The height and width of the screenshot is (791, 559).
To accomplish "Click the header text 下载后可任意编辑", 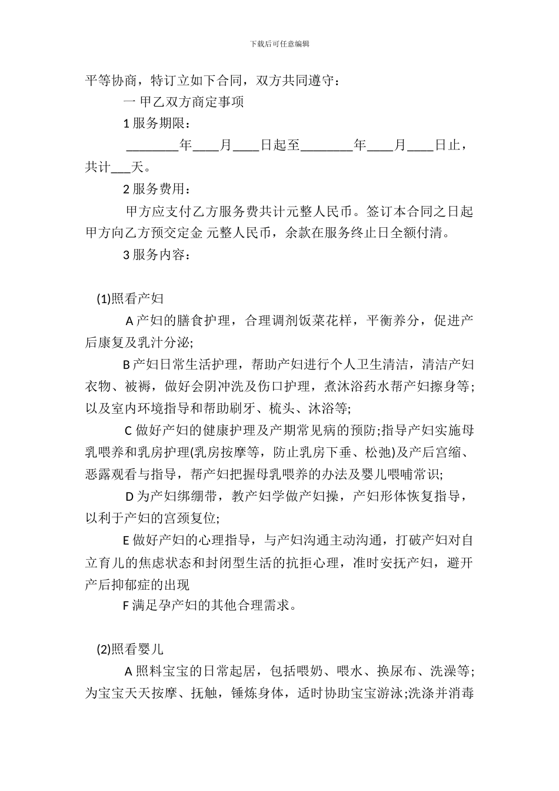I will pyautogui.click(x=279, y=44).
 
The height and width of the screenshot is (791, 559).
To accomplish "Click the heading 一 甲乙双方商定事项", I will pyautogui.click(x=184, y=101).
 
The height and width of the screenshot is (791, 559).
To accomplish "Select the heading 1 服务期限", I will pyautogui.click(x=157, y=123).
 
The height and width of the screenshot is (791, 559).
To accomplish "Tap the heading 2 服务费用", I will pyautogui.click(x=157, y=189).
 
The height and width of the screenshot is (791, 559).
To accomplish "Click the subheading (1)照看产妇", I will pyautogui.click(x=130, y=299).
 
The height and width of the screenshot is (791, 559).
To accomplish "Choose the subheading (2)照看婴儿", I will pyautogui.click(x=130, y=649).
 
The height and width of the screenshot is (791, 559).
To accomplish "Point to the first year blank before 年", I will pyautogui.click(x=152, y=145).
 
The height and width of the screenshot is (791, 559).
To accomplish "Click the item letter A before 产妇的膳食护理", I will pyautogui.click(x=130, y=321).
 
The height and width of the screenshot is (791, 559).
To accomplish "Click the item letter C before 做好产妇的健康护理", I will pyautogui.click(x=129, y=431).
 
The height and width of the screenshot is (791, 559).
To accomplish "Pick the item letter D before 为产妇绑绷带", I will pyautogui.click(x=130, y=497).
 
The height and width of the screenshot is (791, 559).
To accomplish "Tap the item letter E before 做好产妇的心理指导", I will pyautogui.click(x=126, y=540).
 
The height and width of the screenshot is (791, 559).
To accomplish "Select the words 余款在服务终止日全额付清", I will pyautogui.click(x=370, y=233).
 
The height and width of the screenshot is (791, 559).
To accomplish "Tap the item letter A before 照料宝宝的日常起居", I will pyautogui.click(x=130, y=671).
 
